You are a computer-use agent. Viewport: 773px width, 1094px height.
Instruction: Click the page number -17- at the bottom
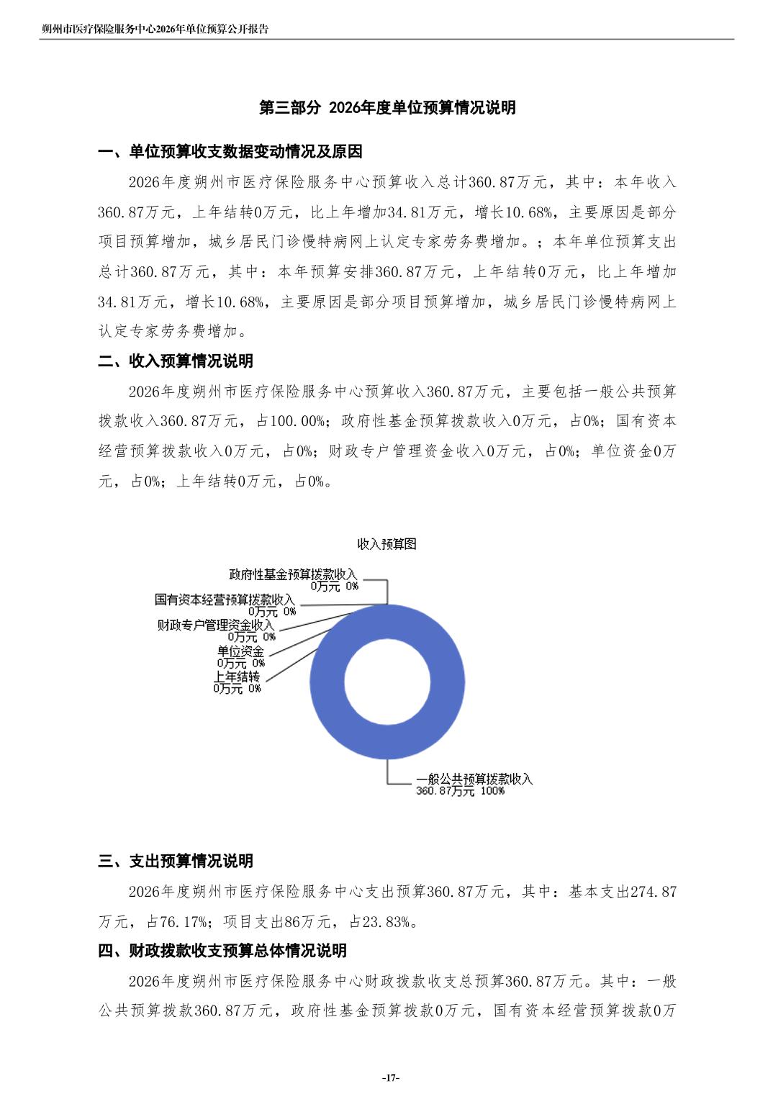[389, 1077]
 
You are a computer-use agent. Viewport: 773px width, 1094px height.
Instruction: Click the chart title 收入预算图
[386, 544]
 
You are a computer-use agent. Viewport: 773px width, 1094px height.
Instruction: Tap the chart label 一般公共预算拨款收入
[474, 779]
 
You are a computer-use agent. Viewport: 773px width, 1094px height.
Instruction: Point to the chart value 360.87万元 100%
[460, 791]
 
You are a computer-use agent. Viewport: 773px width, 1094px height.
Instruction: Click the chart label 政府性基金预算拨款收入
[293, 574]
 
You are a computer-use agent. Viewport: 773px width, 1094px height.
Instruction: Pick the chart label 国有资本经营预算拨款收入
[225, 600]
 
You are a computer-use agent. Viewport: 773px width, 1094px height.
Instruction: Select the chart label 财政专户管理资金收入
[216, 625]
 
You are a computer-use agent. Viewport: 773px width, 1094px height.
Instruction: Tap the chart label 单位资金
[240, 651]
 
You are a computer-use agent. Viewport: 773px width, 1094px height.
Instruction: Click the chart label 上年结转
[236, 677]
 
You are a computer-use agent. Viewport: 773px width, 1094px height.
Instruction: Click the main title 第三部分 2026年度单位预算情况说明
[387, 108]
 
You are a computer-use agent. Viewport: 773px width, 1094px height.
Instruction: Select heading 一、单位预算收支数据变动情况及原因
[230, 152]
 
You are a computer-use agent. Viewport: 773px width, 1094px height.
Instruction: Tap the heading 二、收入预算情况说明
[176, 361]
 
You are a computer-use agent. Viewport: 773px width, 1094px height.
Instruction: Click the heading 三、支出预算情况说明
[176, 861]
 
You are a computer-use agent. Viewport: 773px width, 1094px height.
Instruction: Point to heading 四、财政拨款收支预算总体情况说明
[222, 951]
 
